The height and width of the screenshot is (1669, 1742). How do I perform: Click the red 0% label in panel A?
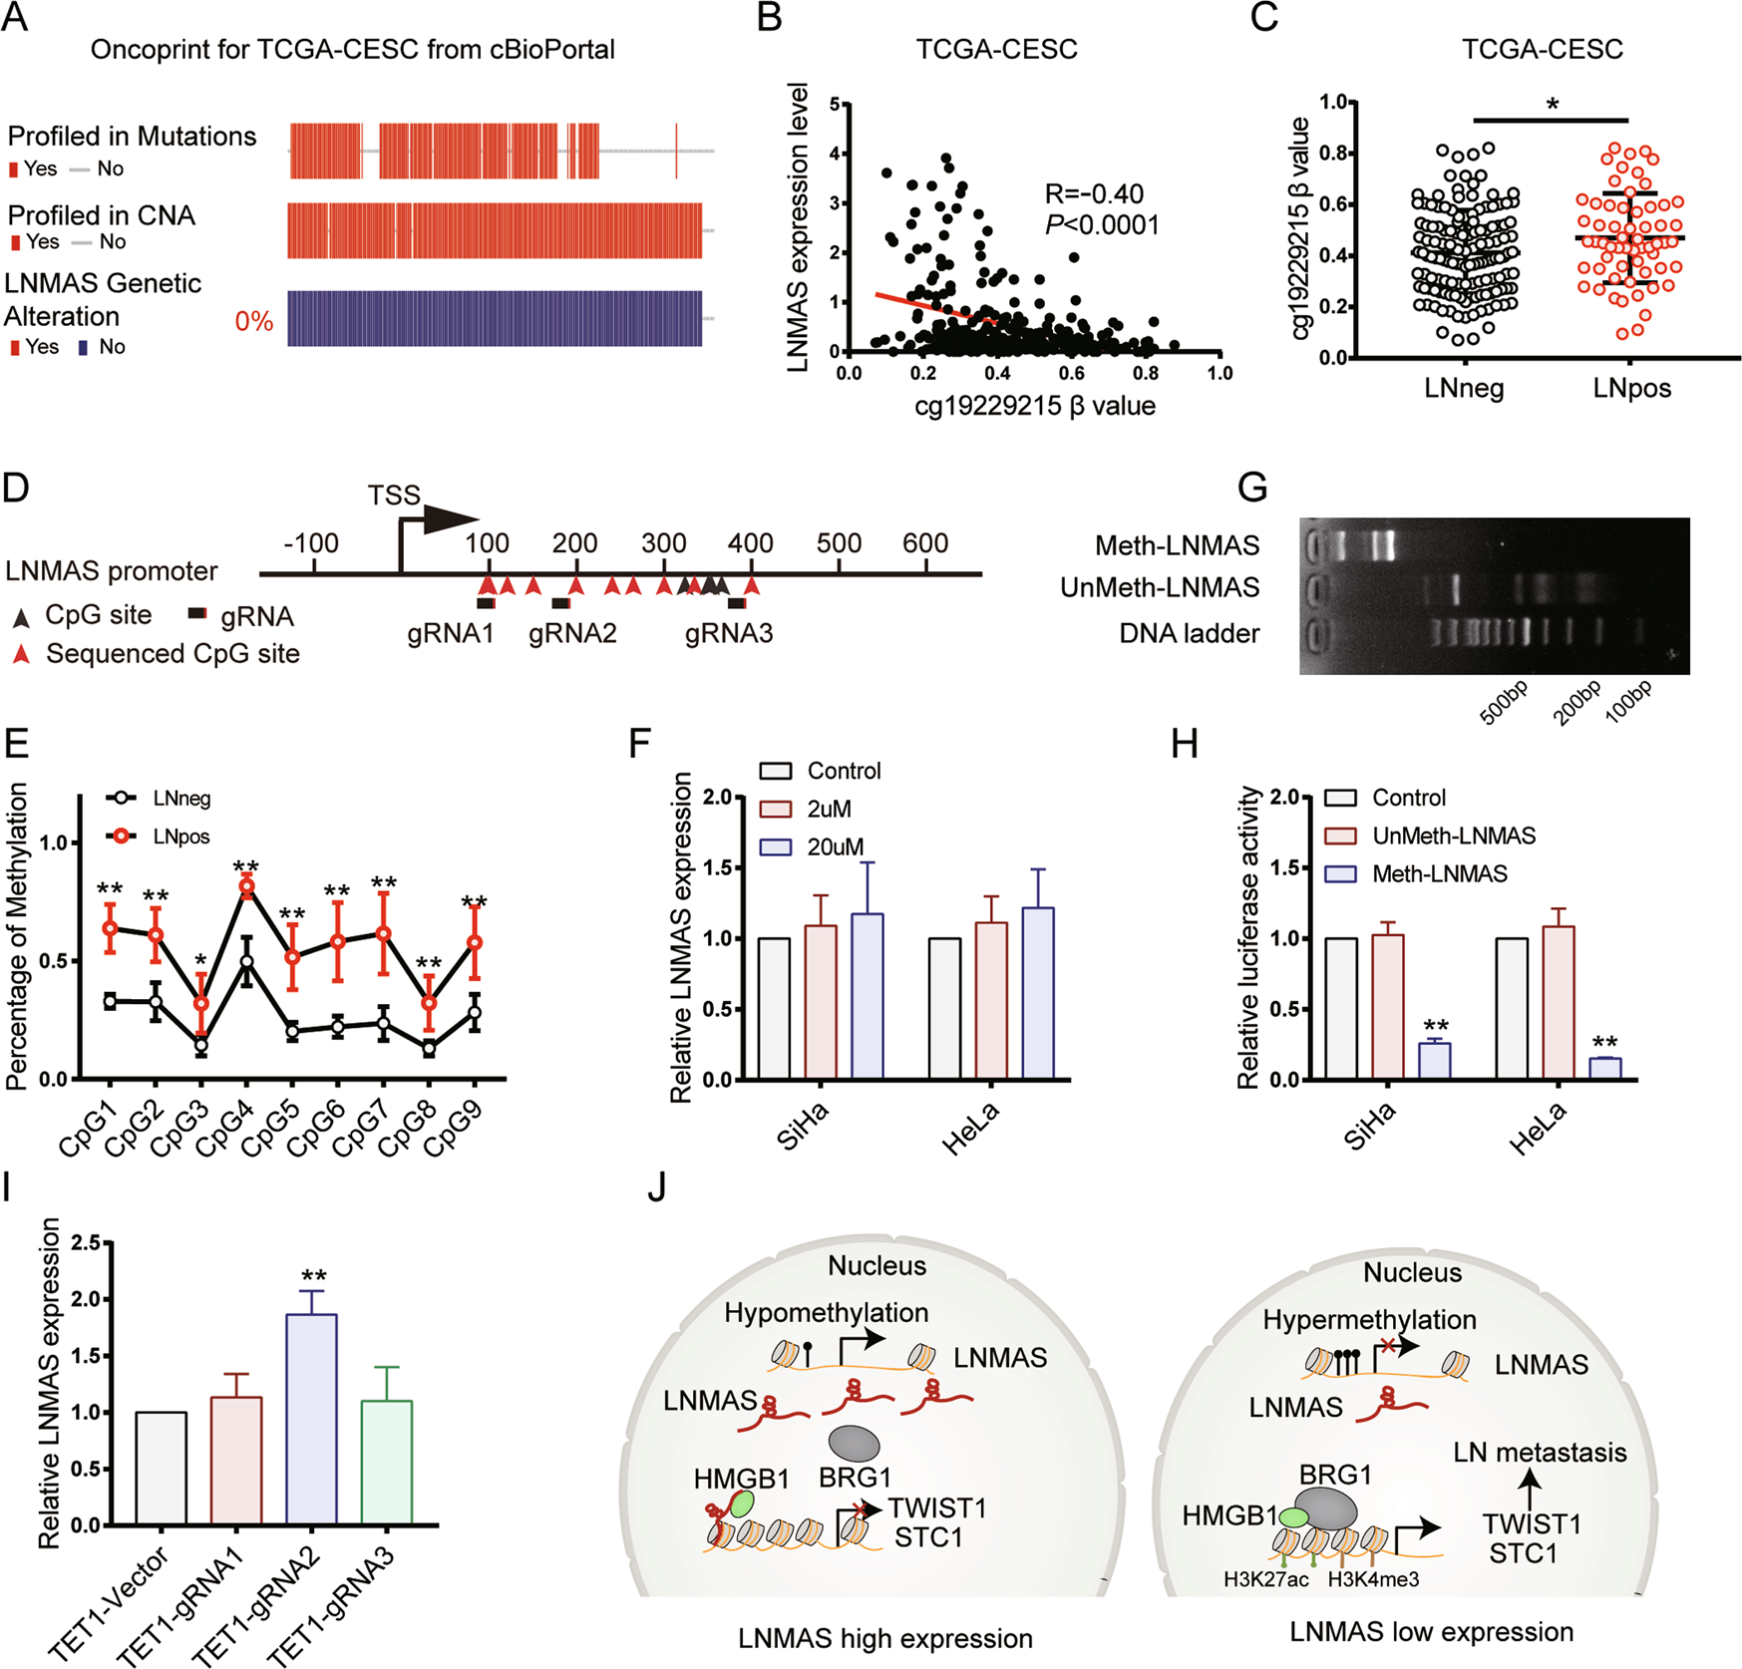pos(253,321)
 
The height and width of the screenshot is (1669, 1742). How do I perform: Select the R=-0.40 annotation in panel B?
pos(1094,193)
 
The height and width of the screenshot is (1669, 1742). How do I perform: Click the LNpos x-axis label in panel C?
pos(1631,388)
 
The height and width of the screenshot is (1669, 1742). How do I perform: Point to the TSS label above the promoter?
pos(394,496)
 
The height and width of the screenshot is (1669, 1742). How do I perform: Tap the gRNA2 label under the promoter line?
pos(572,633)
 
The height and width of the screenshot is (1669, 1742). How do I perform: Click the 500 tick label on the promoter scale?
pos(839,543)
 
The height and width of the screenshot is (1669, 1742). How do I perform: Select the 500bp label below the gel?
pos(1504,703)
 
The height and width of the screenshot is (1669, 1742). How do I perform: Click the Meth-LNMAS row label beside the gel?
pos(1177,545)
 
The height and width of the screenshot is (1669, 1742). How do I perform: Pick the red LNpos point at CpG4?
pos(247,886)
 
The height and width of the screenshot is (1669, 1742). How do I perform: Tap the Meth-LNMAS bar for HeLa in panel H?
pos(1605,1068)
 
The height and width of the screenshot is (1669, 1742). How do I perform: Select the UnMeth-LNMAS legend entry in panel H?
pos(1453,835)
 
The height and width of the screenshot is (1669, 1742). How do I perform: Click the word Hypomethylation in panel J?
pos(826,1313)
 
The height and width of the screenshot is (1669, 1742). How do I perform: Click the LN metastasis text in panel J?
pos(1540,1453)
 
